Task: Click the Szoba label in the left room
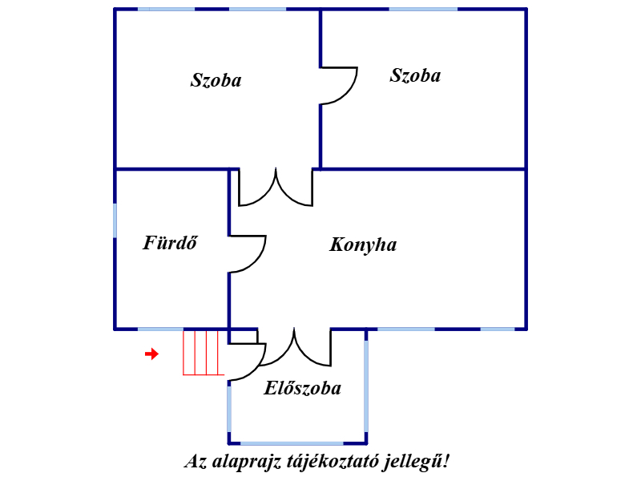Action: tap(216, 80)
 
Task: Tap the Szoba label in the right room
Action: tap(415, 75)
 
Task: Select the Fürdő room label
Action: tap(170, 243)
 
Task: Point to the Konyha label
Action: tap(363, 245)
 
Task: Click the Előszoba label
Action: tap(303, 388)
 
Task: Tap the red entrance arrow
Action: tap(151, 354)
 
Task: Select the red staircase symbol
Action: tap(204, 353)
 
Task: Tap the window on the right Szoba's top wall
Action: tap(423, 9)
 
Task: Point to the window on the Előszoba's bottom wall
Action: tap(292, 443)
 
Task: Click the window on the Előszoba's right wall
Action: tap(366, 386)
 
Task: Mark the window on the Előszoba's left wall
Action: tap(229, 409)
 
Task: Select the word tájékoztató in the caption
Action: tap(332, 462)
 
